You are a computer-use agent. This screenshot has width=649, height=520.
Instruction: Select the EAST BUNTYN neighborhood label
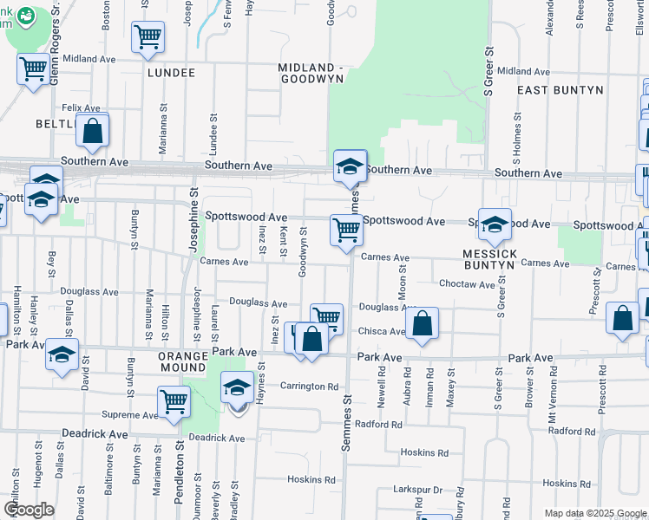click(554, 90)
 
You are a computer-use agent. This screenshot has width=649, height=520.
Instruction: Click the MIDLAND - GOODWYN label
click(311, 73)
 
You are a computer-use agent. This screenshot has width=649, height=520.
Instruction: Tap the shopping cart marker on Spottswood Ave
click(346, 231)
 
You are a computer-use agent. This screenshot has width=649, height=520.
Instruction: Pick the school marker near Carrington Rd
click(237, 387)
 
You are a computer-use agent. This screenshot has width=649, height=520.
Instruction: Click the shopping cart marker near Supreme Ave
click(174, 401)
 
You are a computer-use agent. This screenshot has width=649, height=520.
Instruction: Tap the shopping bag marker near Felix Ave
click(93, 131)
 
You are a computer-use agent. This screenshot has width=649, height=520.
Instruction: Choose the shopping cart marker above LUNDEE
click(148, 36)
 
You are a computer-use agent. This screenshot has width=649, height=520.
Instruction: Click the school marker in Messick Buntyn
click(495, 224)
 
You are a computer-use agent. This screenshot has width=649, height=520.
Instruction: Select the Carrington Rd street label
click(308, 387)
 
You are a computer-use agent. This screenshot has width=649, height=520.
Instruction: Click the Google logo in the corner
click(29, 509)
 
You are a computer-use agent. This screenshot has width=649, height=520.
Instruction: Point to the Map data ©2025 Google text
click(594, 513)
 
